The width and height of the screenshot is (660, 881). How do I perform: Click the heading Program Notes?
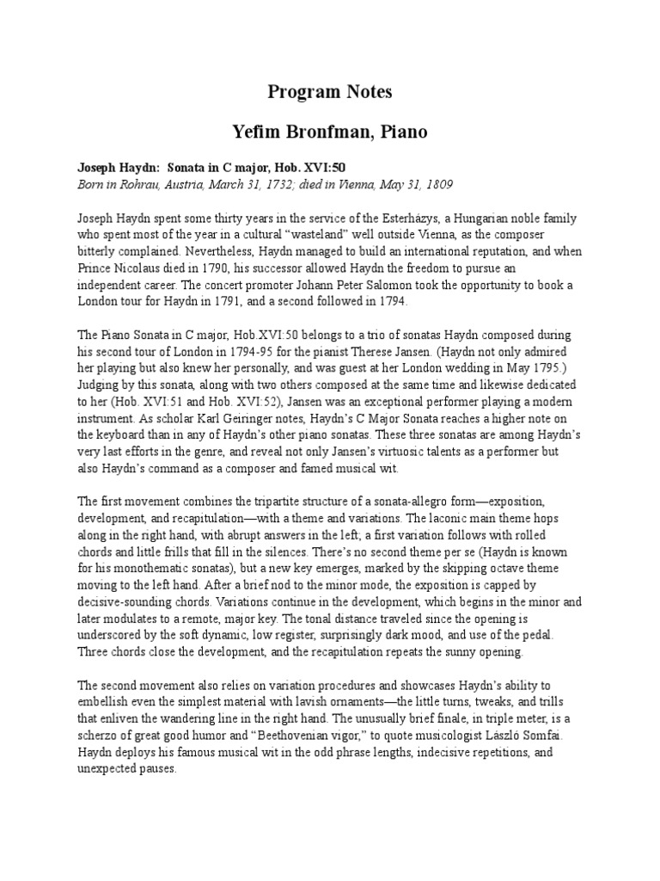tap(330, 92)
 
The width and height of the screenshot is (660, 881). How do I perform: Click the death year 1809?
tap(436, 185)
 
